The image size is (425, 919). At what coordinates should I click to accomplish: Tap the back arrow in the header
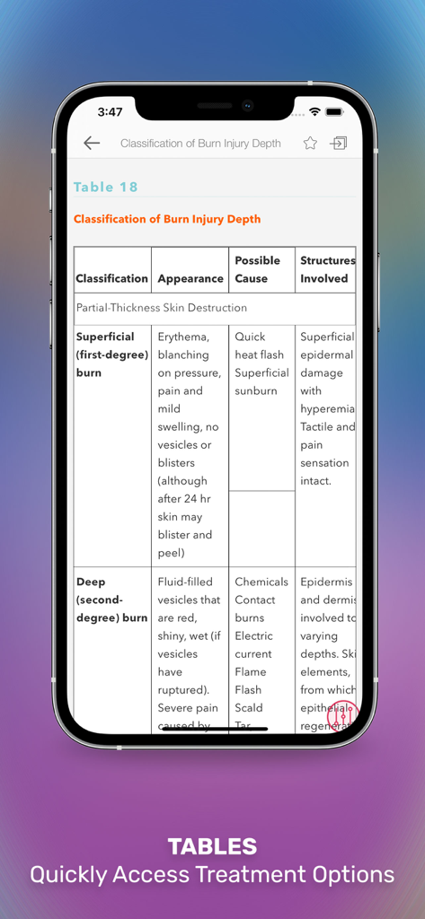click(92, 143)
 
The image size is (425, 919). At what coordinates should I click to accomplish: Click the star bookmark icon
click(310, 143)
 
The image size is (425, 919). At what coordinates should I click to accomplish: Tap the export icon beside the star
click(338, 143)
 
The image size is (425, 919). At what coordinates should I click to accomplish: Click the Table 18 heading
click(106, 187)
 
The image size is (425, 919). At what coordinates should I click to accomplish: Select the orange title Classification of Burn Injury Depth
click(167, 219)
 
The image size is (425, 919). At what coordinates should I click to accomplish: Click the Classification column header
click(111, 278)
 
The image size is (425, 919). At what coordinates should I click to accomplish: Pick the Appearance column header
click(190, 278)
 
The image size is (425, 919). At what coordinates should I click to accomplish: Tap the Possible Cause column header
click(257, 269)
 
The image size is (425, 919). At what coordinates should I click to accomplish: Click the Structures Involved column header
click(326, 269)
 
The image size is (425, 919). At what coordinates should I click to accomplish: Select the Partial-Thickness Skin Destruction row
click(162, 308)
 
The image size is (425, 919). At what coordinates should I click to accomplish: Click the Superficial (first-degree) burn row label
click(111, 354)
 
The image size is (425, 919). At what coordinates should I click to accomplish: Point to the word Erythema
click(183, 337)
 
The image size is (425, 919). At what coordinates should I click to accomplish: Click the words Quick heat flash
click(259, 346)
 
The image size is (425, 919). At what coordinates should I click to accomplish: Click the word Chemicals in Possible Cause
click(261, 582)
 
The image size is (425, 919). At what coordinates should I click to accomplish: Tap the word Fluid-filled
click(185, 582)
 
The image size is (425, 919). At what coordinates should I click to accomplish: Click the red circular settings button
click(342, 715)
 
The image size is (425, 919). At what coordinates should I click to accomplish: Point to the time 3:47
click(110, 112)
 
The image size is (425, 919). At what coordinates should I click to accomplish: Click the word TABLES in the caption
click(212, 845)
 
